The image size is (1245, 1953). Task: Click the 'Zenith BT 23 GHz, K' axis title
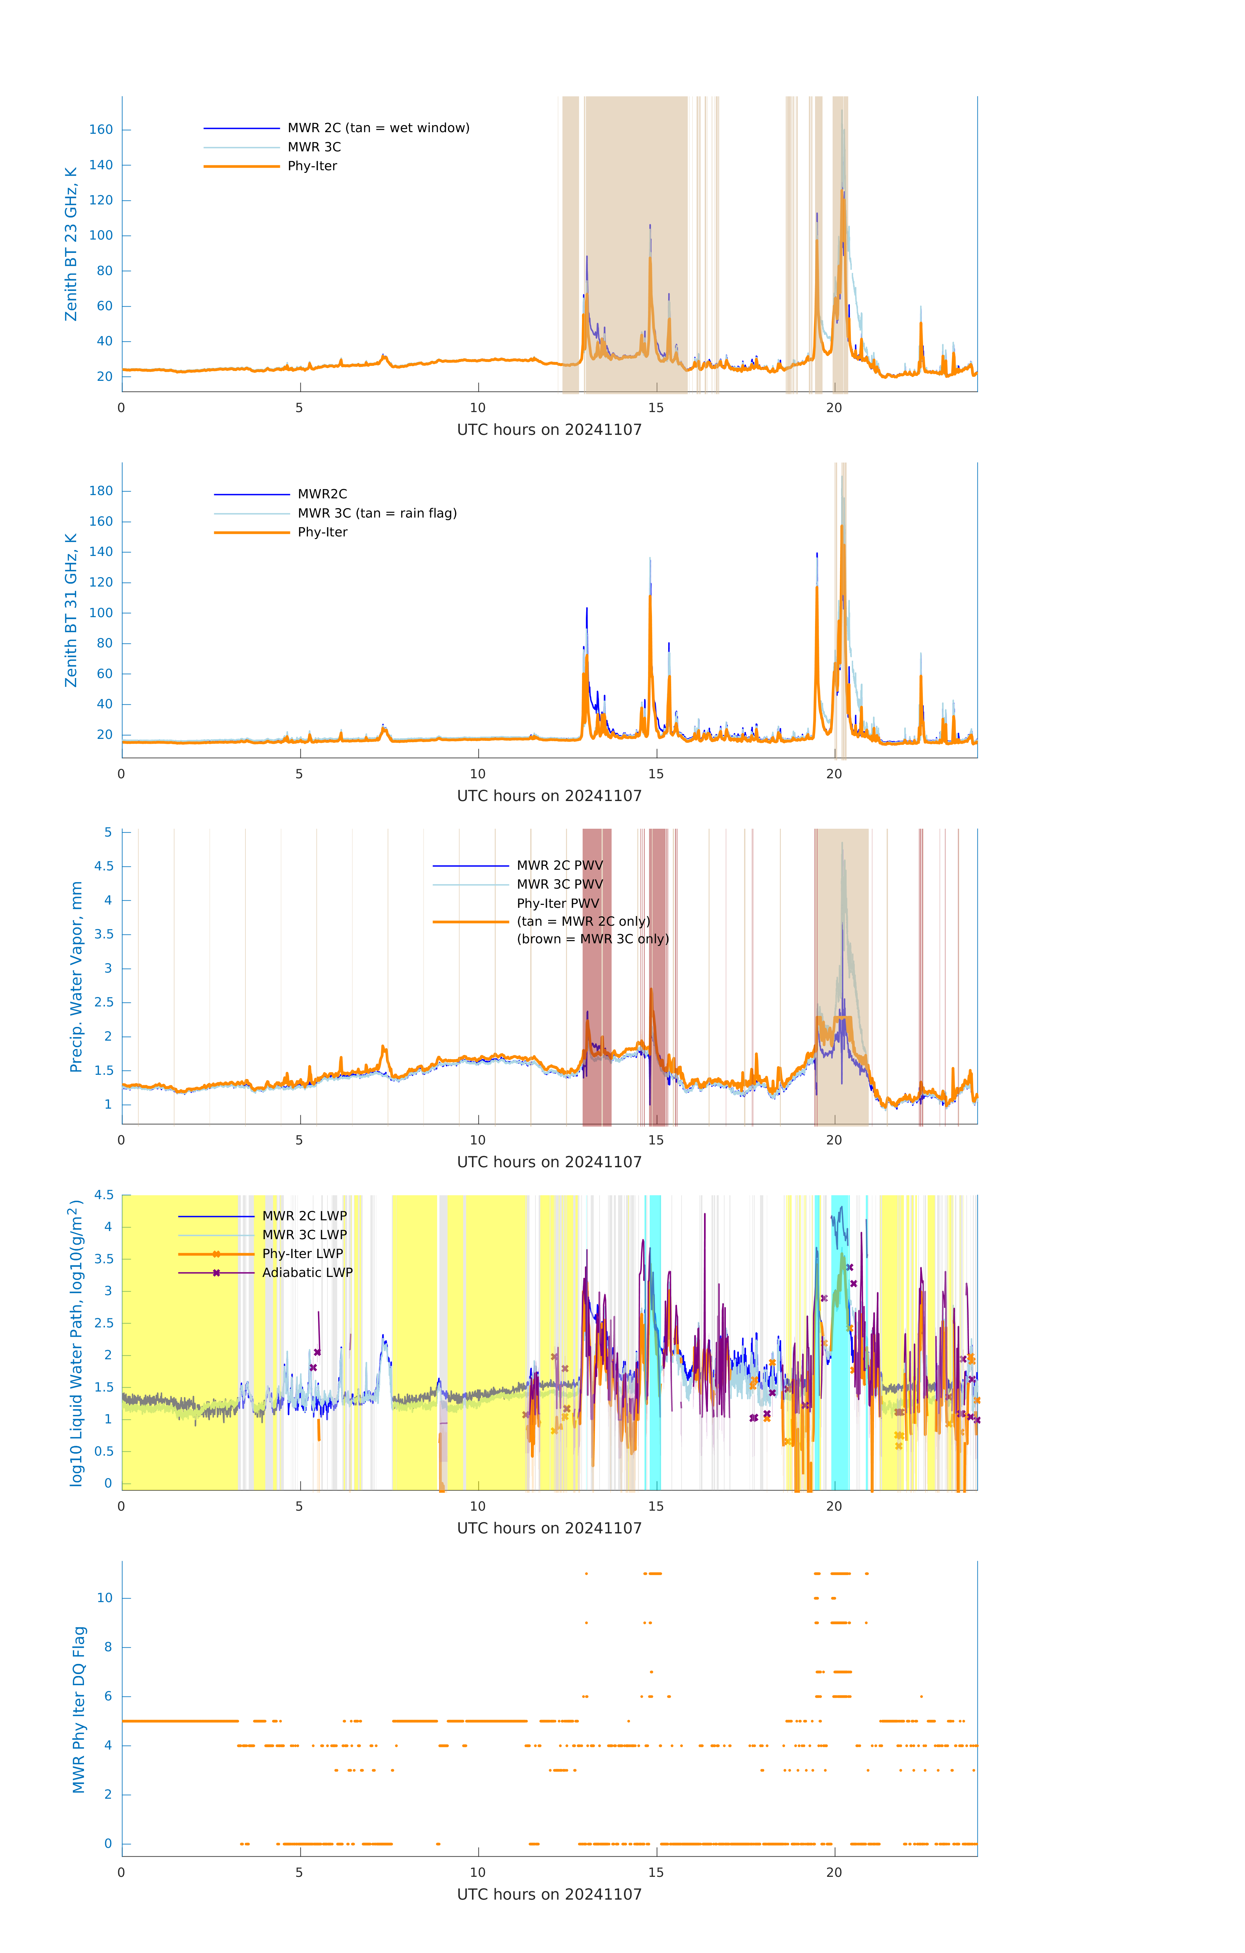pos(71,244)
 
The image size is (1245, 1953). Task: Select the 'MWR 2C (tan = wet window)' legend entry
pos(378,128)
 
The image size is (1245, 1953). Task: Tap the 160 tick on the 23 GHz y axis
pos(101,130)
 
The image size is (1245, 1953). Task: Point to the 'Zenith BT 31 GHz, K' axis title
pos(71,610)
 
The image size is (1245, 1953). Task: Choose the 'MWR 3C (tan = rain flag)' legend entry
pos(377,513)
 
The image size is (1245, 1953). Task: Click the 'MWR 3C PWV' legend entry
pos(560,884)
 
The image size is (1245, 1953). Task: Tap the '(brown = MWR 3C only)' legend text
pos(593,939)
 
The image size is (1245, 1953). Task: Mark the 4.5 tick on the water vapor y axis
pos(104,866)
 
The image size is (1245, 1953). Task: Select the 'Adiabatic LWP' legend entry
pos(307,1272)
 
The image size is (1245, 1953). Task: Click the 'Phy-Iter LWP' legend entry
pos(302,1254)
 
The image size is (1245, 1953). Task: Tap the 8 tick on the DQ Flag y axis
pos(108,1647)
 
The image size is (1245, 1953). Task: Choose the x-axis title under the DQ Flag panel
pos(549,1895)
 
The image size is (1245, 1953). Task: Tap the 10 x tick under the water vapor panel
pos(478,1140)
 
